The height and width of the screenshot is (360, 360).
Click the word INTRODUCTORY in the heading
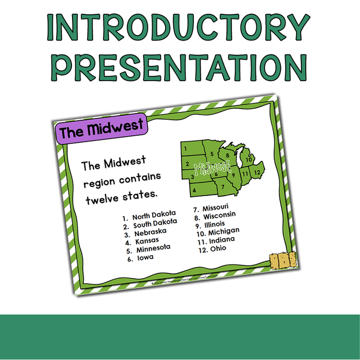tap(180, 29)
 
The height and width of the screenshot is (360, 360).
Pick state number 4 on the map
tap(195, 190)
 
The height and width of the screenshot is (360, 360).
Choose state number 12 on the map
tap(258, 172)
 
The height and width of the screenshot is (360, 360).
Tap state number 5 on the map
tap(211, 155)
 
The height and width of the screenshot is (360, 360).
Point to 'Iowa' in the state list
tap(146, 257)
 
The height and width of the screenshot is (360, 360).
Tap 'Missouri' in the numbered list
tap(216, 209)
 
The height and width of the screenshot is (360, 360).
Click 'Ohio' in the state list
tap(217, 248)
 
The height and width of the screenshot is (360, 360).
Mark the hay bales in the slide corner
tap(282, 261)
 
